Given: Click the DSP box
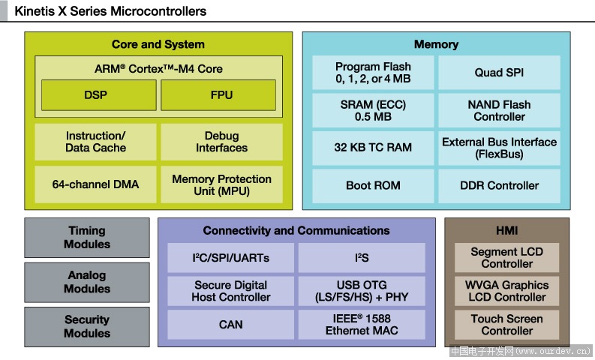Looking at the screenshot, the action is (98, 94).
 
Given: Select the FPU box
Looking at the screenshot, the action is (218, 94).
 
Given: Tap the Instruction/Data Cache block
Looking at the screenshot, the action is (95, 142).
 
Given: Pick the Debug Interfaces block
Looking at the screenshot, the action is (221, 142).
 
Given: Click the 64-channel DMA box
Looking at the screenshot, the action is (95, 184).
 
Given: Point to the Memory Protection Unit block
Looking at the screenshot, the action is (221, 184).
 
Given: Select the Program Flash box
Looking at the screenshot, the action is (373, 73).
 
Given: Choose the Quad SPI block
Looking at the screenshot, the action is (500, 73).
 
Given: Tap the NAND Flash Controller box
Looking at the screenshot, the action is (500, 110).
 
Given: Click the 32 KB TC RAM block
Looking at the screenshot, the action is (373, 148).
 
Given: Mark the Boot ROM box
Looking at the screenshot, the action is (373, 186).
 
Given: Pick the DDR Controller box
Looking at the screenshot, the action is (500, 186).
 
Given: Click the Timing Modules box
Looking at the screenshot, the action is (87, 238).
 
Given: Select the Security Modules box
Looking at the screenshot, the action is (87, 326).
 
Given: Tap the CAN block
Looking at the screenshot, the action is (230, 325).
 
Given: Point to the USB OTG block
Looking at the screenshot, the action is (362, 291).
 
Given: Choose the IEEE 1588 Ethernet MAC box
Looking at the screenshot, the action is (362, 325).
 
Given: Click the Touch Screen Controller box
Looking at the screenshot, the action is (507, 325).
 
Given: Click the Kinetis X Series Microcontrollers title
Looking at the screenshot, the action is (110, 11).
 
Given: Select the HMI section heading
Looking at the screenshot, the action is (507, 231).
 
